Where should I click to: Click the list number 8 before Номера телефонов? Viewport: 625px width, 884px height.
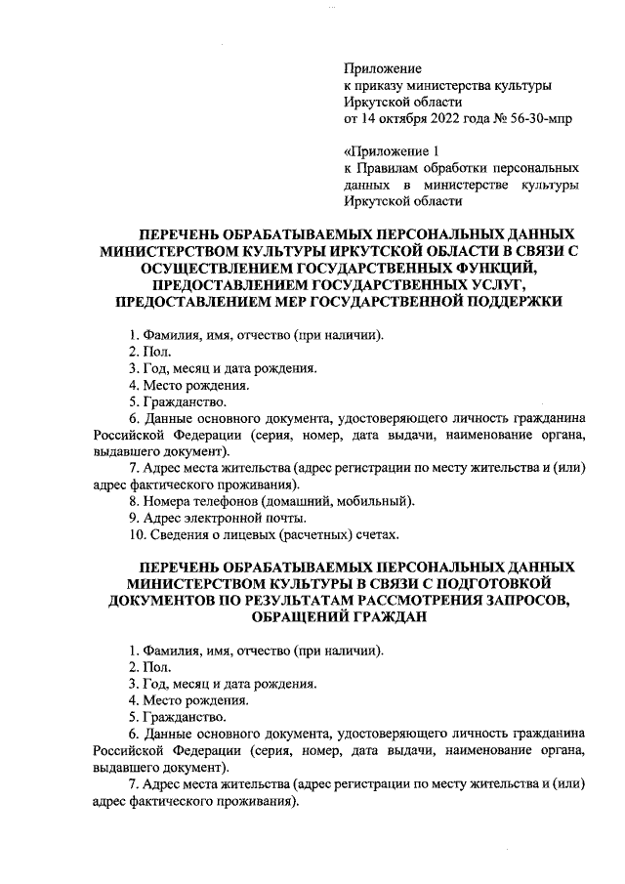coord(133,501)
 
